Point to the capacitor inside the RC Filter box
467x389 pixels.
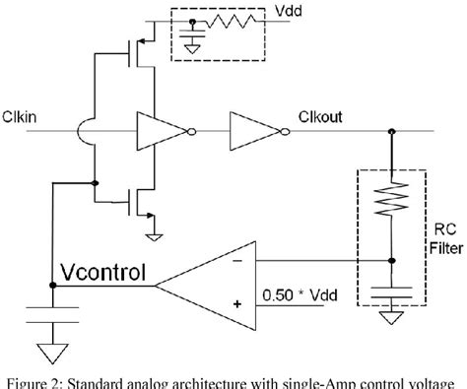click(395, 293)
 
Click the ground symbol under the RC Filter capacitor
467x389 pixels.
click(395, 316)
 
